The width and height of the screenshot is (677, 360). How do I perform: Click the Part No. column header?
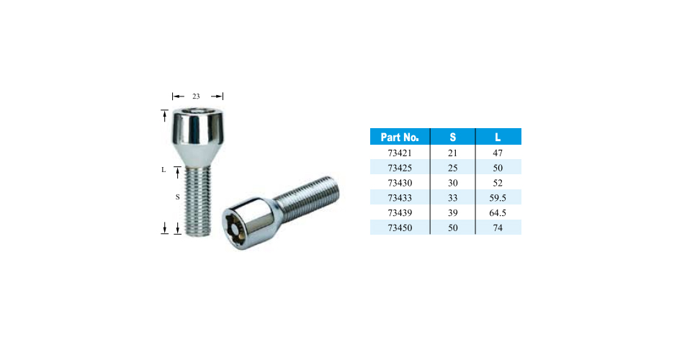400,138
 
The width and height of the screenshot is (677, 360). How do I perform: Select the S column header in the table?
452,138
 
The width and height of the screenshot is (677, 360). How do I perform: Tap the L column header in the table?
498,138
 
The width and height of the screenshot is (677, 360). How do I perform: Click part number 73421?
400,153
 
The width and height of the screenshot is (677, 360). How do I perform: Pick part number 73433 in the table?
400,198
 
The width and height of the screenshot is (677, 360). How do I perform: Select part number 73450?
400,228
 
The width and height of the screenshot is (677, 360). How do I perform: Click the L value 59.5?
498,198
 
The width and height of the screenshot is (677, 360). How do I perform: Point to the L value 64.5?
498,213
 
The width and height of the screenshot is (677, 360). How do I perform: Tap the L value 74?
498,228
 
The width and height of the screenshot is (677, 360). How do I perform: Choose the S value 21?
452,153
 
